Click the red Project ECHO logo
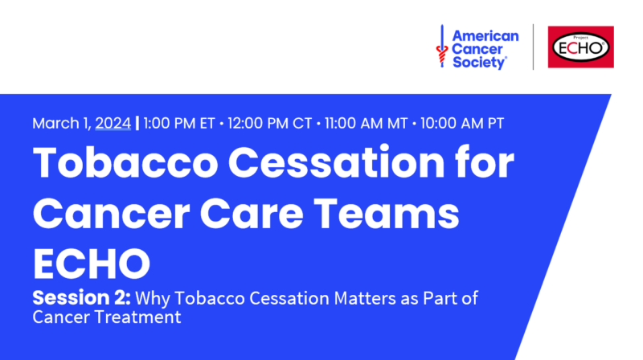point(580,47)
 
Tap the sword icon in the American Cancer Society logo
point(441,46)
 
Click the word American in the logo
point(485,36)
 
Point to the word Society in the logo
point(479,63)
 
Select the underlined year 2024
point(113,123)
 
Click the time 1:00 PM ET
point(178,123)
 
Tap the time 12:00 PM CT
point(269,123)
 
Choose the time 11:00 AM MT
point(366,123)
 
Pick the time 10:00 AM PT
point(462,123)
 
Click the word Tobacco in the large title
point(125,163)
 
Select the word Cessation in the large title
point(336,163)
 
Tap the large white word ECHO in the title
point(92,264)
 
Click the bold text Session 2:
point(82,297)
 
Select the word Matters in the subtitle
point(365,298)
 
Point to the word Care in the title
point(252,213)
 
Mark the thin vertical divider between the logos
point(533,47)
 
